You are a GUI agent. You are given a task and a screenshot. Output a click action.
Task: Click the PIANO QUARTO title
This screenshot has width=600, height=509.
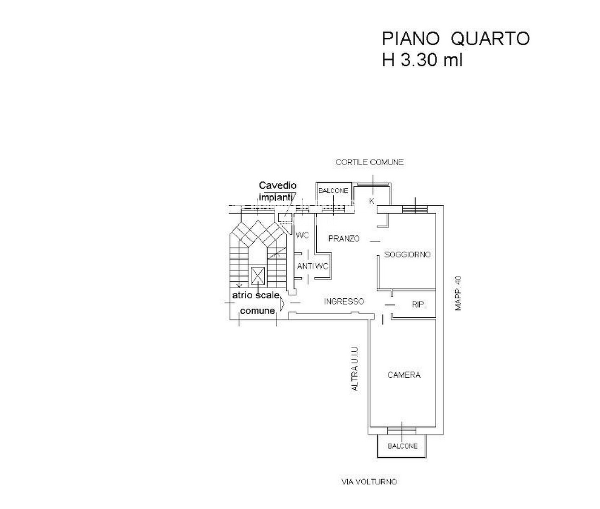(455, 39)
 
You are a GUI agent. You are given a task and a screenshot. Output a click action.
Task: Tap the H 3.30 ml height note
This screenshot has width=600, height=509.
(422, 61)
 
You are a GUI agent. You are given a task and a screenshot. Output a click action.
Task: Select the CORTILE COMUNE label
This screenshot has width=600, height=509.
(369, 162)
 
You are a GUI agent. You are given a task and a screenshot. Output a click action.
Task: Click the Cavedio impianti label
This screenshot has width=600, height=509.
(277, 191)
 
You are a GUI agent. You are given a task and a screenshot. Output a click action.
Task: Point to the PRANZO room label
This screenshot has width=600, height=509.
(344, 239)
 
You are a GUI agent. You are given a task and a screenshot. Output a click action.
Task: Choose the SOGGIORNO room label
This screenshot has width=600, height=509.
(407, 254)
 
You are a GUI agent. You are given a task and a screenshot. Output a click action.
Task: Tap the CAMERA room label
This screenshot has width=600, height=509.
(404, 375)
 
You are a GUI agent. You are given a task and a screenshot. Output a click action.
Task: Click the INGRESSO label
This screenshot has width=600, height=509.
(344, 301)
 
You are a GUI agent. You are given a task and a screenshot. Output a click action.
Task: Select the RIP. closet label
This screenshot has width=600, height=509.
(419, 305)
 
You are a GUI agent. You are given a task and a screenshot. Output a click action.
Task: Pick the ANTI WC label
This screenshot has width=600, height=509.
(313, 266)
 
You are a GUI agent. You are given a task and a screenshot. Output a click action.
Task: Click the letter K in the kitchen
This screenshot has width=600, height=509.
(372, 201)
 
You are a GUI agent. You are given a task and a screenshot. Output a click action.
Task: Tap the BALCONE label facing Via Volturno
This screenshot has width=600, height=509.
(403, 446)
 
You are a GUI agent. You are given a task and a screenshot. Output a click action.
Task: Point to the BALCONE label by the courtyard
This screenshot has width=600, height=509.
(333, 191)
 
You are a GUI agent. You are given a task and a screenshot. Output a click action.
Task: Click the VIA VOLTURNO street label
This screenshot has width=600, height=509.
(369, 482)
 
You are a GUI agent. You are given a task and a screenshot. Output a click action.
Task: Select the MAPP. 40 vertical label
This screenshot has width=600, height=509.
(459, 293)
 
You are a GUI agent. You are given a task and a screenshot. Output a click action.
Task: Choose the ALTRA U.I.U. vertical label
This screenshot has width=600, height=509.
(355, 368)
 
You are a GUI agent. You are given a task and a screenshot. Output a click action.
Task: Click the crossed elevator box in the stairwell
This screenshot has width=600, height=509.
(258, 275)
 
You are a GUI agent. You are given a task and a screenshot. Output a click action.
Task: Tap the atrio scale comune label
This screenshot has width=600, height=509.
(257, 303)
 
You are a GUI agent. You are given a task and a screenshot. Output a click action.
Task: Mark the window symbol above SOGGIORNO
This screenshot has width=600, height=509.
(415, 209)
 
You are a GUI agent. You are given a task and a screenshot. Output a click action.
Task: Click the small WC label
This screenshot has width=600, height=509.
(302, 235)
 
